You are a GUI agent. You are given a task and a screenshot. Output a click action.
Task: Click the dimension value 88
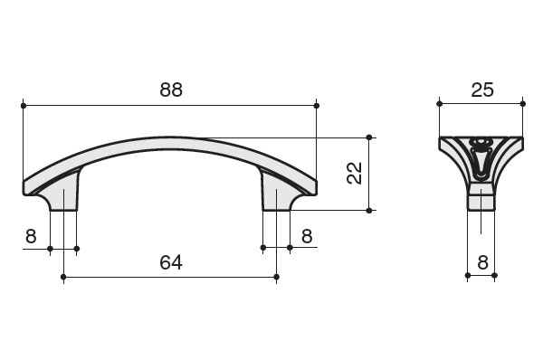click(x=171, y=90)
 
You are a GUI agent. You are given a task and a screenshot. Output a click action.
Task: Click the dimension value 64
click(x=171, y=262)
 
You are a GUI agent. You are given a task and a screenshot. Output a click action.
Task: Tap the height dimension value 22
click(x=354, y=173)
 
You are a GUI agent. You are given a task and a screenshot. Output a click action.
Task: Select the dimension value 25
click(x=482, y=90)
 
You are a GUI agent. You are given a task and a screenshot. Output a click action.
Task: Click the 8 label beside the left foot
click(x=31, y=236)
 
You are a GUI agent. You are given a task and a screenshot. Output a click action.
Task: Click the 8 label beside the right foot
click(x=307, y=236)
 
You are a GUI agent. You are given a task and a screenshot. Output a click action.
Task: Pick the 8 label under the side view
click(x=482, y=262)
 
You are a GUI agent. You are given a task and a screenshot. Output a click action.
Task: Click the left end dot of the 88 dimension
click(x=24, y=106)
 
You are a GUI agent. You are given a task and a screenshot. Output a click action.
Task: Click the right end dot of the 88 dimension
click(x=316, y=106)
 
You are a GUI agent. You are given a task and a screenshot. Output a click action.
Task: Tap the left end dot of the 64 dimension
click(x=63, y=277)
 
